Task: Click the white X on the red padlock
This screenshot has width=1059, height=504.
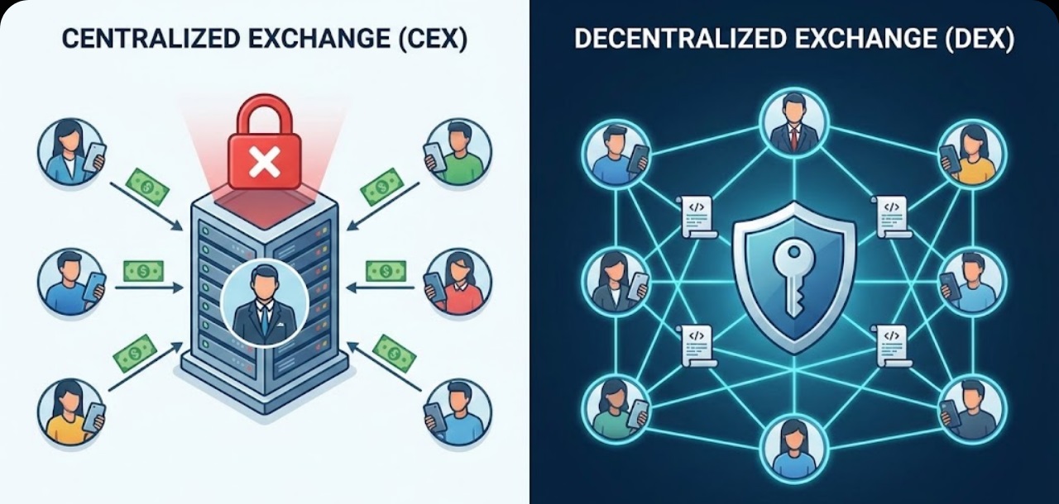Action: (x=264, y=161)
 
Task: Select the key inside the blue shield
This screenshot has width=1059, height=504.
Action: (x=794, y=278)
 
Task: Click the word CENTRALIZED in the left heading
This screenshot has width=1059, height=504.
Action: (x=151, y=39)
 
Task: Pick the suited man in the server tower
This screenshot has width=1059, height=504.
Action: (x=265, y=302)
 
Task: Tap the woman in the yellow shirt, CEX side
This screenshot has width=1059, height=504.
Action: (x=72, y=411)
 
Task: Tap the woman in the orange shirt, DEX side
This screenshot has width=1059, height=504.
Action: (x=972, y=154)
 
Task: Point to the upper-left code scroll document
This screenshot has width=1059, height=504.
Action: (x=697, y=217)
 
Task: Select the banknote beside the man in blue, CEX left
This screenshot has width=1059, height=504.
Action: (x=143, y=271)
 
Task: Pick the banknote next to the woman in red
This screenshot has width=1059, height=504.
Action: (x=386, y=271)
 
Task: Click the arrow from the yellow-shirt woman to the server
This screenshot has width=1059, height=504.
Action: (x=146, y=366)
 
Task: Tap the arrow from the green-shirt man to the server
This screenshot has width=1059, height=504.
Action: (x=383, y=207)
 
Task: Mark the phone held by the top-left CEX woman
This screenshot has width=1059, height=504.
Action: (x=94, y=157)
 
